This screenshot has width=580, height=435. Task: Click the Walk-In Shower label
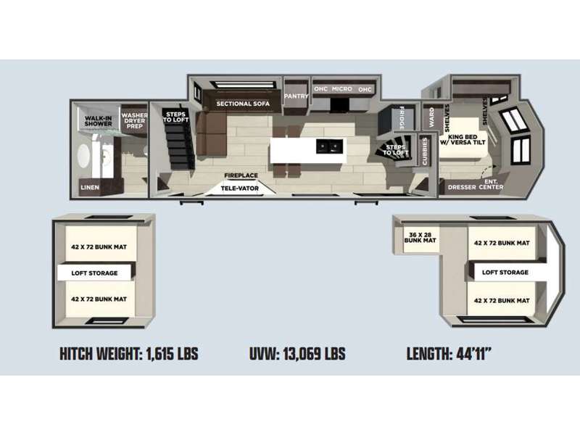[98, 121]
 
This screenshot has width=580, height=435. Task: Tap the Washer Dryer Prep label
[134, 121]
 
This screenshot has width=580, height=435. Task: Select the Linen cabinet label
[90, 188]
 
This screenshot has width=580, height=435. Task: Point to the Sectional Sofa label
[243, 104]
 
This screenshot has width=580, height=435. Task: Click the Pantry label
[296, 96]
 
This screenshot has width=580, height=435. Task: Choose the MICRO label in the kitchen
[341, 89]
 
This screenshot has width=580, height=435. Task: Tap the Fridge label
[402, 118]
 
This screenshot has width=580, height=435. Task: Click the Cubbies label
[425, 152]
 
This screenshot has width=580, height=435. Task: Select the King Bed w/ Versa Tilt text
[463, 139]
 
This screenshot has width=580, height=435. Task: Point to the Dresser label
[462, 187]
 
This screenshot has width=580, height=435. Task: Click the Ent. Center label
[491, 184]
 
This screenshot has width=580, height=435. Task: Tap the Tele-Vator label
[240, 188]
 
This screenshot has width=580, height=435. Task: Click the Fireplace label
[241, 175]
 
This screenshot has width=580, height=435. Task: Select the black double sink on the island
[329, 146]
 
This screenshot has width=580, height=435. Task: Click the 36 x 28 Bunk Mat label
[420, 238]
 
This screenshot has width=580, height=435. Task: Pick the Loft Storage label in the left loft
[94, 273]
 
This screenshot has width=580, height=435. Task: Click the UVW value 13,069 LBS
[315, 354]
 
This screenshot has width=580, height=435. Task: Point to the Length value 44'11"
[474, 354]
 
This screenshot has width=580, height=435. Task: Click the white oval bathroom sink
[84, 156]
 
